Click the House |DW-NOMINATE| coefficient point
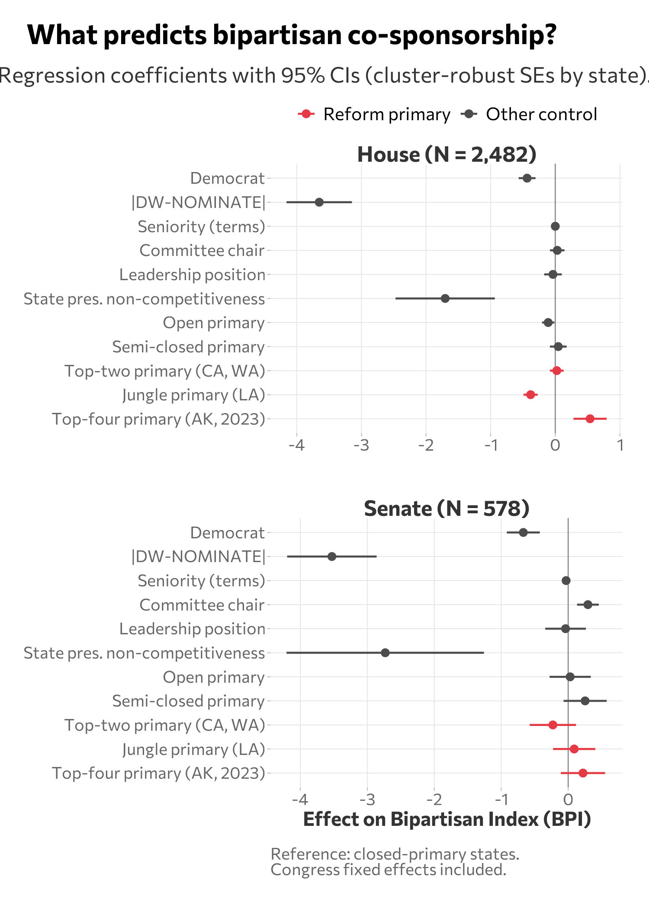pos(319,202)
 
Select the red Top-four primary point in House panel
pos(590,419)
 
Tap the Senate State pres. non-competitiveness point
pos(385,652)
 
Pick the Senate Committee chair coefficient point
pos(588,604)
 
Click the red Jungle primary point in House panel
pos(530,395)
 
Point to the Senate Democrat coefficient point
pos(523,532)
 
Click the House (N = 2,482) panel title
pos(447,154)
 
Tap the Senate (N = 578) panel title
pos(447,508)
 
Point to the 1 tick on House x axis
pos(620,445)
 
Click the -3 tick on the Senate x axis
pos(367,799)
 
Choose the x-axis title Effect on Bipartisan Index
pos(447,819)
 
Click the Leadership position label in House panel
pos(192,275)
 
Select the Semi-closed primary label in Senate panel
pos(188,701)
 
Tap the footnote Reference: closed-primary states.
pos(395,854)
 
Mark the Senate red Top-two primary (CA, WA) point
pos(553,725)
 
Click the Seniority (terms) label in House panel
pos(201,227)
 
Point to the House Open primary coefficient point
pos(548,323)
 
